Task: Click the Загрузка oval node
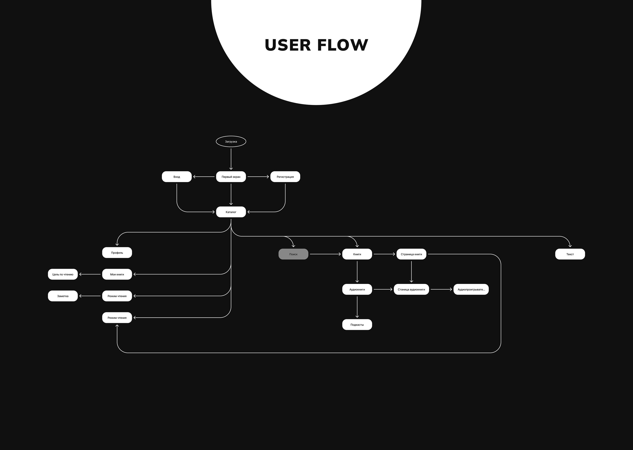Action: (x=231, y=142)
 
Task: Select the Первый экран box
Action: (x=231, y=177)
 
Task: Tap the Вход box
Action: (x=177, y=177)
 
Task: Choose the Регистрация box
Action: (x=285, y=177)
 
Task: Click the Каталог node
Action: (x=231, y=212)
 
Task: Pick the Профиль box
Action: (x=117, y=253)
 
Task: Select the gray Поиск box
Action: (x=293, y=254)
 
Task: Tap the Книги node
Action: (x=357, y=254)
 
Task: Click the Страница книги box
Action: (x=411, y=254)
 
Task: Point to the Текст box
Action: (x=570, y=254)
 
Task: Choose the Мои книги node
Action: (x=117, y=274)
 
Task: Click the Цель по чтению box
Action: (x=63, y=274)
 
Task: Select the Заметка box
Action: (x=63, y=296)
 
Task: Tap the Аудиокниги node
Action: (x=357, y=289)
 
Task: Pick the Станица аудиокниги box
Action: (x=411, y=289)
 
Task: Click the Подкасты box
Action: (x=357, y=325)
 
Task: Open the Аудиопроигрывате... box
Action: (x=471, y=289)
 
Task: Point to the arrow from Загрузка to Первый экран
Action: (x=231, y=159)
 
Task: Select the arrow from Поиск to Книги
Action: (x=325, y=254)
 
